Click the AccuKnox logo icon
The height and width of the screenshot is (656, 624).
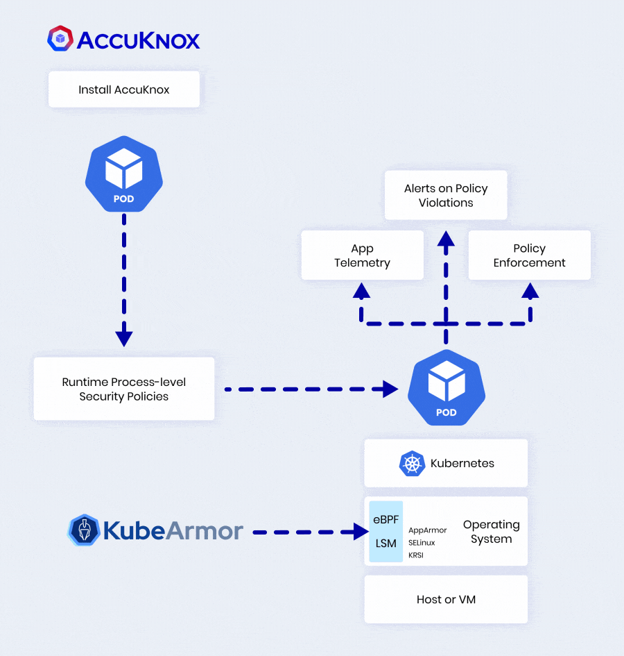point(60,38)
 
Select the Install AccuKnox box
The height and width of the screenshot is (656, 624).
point(124,90)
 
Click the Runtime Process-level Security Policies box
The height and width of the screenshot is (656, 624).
point(124,389)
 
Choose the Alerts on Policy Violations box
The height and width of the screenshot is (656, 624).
point(446,196)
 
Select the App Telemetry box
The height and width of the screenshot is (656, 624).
point(362,255)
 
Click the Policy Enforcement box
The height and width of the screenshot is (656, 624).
point(529,255)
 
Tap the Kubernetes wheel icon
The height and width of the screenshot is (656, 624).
point(412,464)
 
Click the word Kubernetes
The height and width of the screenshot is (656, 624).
point(462,464)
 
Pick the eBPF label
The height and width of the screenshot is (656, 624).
point(385,520)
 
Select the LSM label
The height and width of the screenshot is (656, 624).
point(385,544)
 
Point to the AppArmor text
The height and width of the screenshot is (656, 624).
point(428,530)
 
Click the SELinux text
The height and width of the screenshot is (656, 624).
point(422,542)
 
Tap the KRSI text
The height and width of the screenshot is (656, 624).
point(416,555)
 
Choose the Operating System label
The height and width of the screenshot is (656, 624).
point(491,532)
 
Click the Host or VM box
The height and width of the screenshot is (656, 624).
point(446,599)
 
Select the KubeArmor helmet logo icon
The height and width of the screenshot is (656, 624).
point(84,531)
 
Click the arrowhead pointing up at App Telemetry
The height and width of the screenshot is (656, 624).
point(361,291)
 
